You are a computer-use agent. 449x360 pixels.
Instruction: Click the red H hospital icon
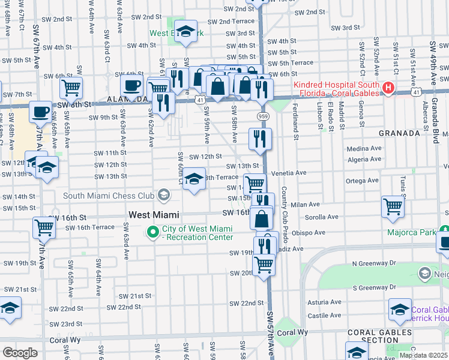click(x=388, y=89)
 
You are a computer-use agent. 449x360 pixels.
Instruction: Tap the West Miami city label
click(x=154, y=214)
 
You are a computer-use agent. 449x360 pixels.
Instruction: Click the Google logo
click(x=20, y=353)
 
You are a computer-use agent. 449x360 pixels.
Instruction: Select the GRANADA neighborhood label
click(x=399, y=133)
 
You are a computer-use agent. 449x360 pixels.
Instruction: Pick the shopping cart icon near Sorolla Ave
click(x=393, y=206)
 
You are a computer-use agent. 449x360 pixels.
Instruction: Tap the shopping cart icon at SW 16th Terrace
click(x=44, y=227)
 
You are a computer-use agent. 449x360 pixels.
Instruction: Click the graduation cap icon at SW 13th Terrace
click(x=194, y=179)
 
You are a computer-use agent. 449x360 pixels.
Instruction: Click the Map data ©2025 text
click(x=423, y=355)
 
